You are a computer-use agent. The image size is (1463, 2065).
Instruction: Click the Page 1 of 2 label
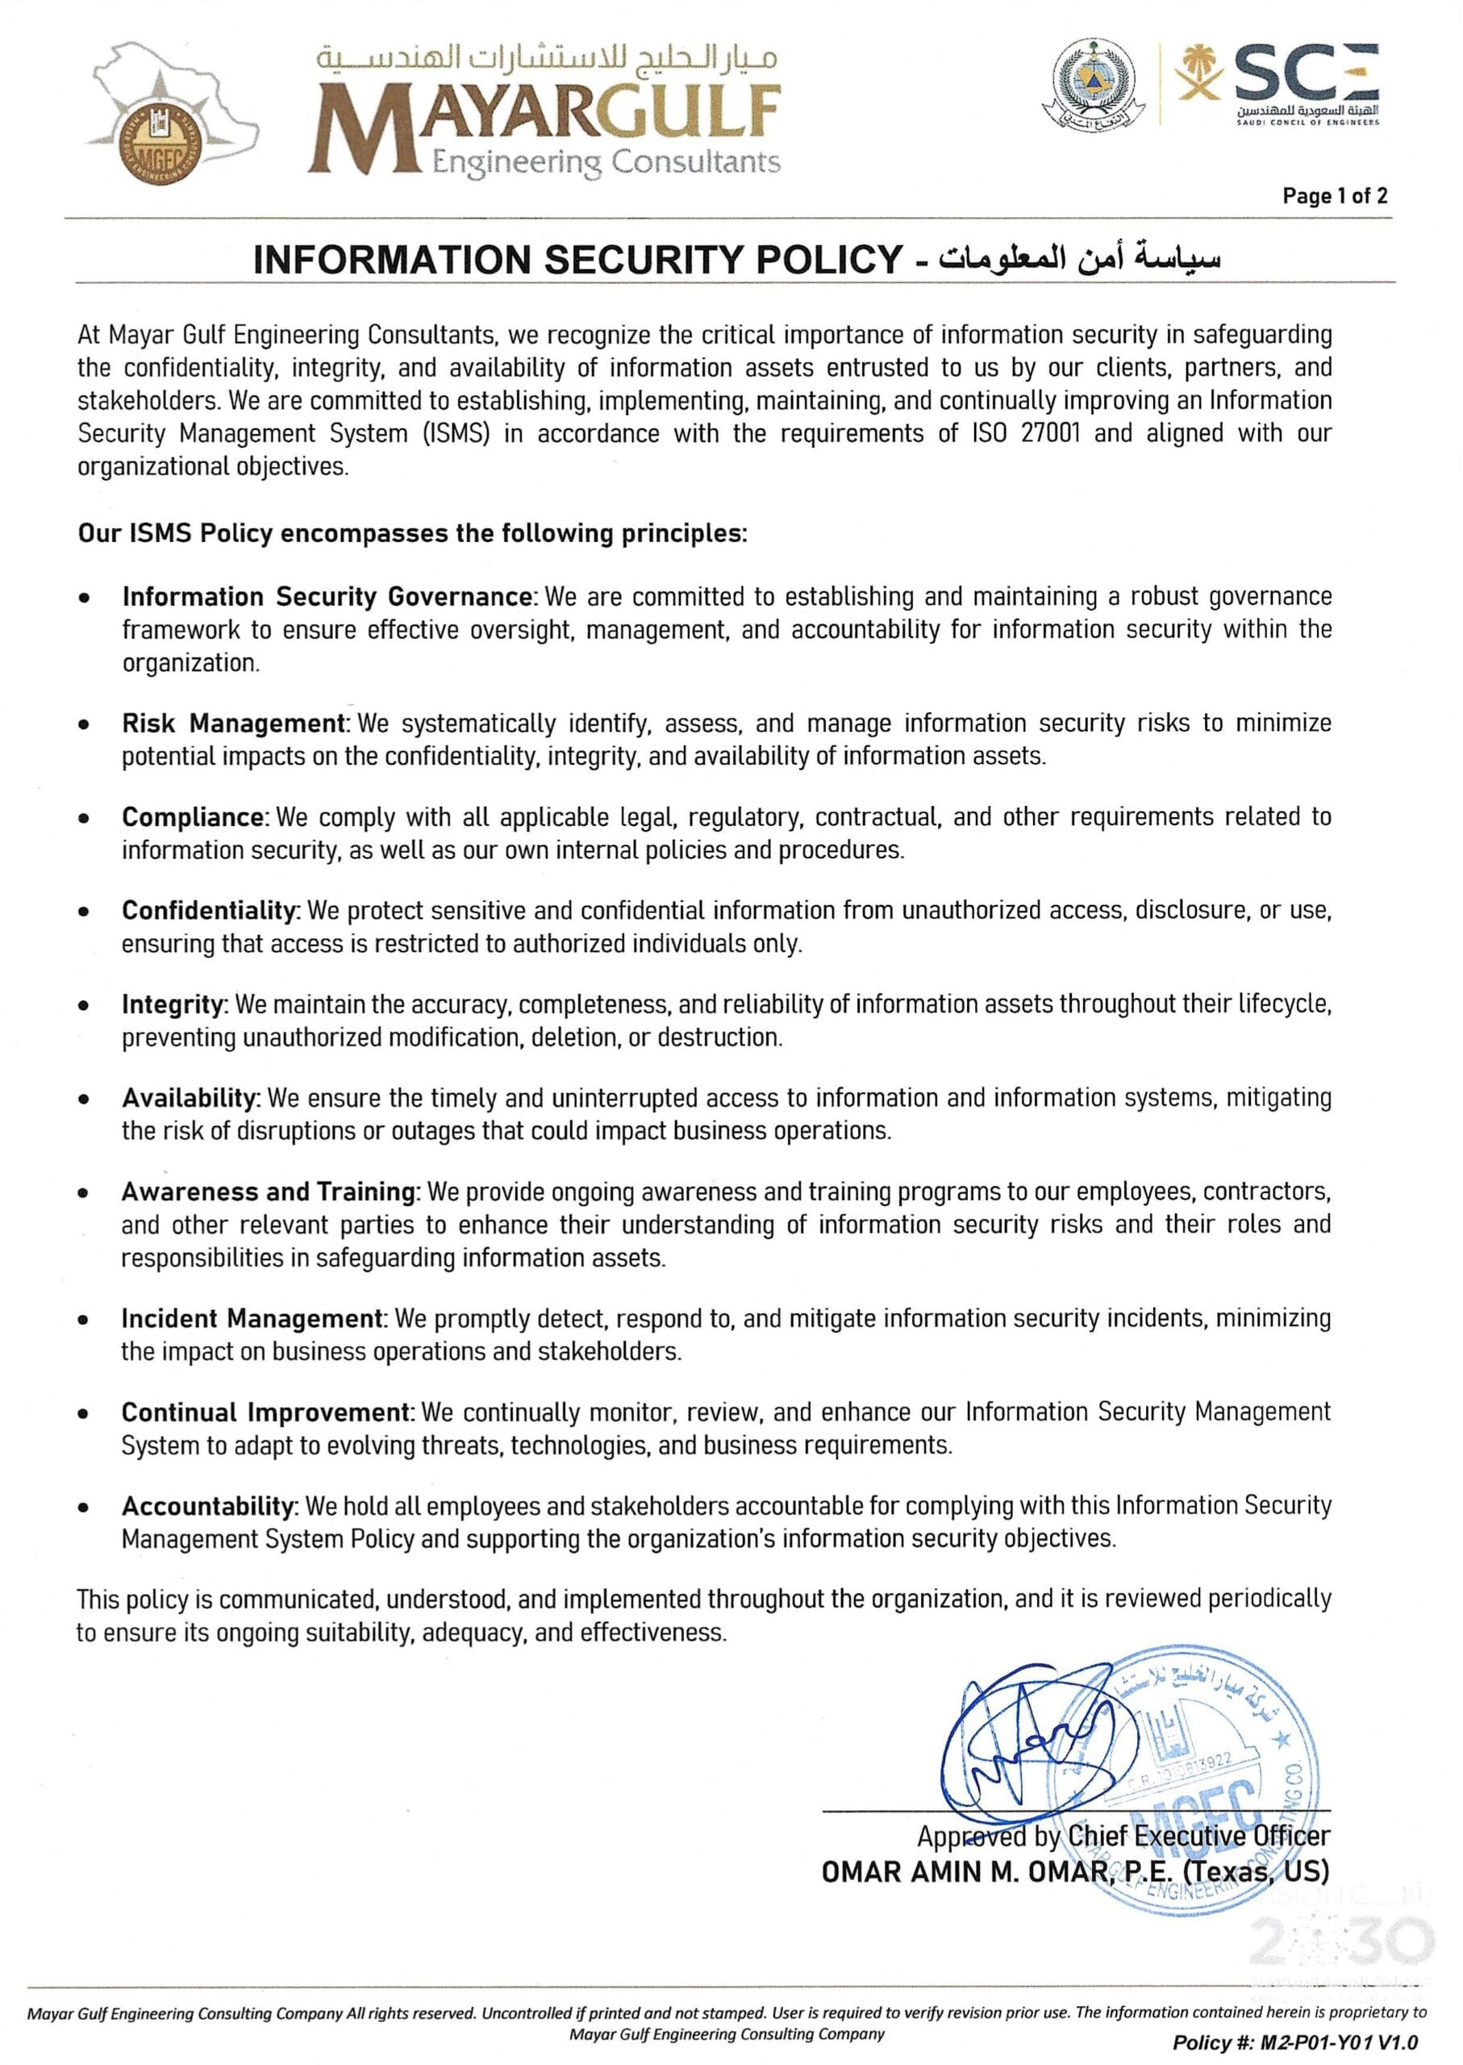[x=1334, y=195]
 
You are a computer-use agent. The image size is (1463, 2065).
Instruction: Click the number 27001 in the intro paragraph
[x=1053, y=433]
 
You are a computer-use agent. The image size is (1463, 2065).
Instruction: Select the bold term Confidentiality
[x=210, y=910]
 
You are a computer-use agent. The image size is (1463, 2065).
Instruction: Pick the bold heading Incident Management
[x=253, y=1318]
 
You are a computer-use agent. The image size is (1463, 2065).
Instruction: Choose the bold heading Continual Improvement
[x=267, y=1412]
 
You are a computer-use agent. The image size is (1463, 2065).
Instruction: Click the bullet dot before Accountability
[x=84, y=1507]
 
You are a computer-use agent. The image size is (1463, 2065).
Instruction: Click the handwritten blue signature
[x=1027, y=1746]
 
